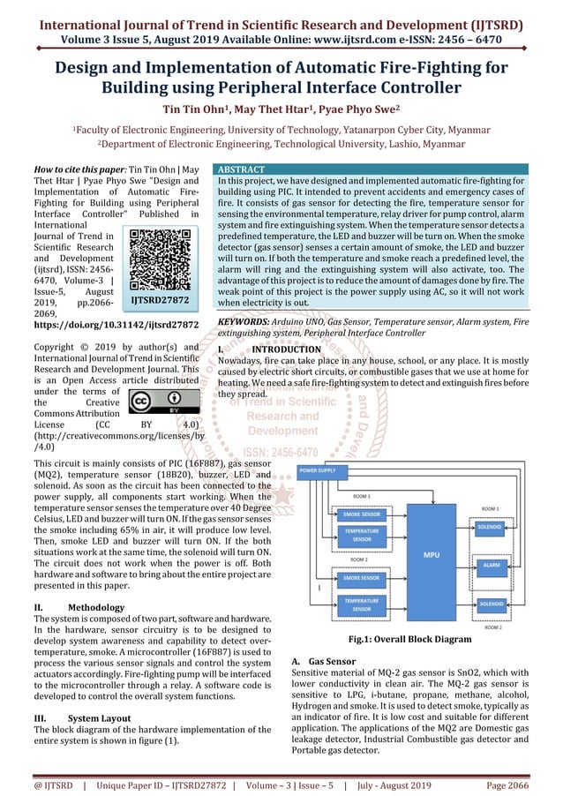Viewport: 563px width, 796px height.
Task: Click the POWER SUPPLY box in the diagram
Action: [x=317, y=470]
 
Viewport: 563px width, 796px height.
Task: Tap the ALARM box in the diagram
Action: [x=492, y=564]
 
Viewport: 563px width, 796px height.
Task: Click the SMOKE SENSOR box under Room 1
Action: [x=362, y=514]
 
